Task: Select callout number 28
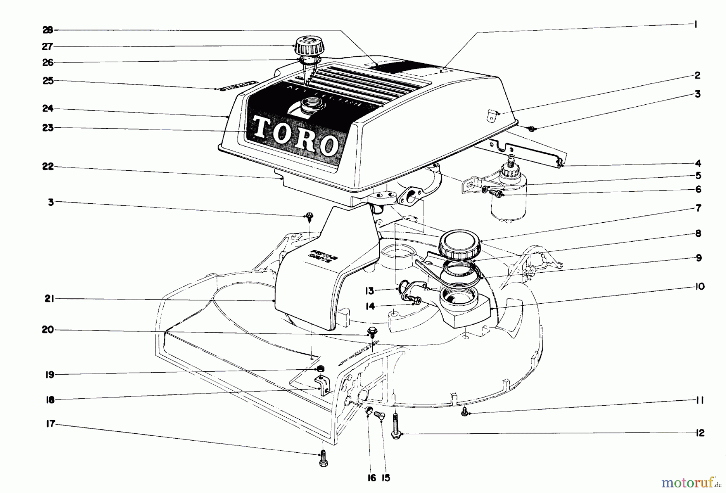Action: [x=48, y=30]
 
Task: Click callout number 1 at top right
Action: [x=695, y=24]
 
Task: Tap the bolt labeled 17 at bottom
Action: [x=323, y=459]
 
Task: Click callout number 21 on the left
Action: [x=49, y=299]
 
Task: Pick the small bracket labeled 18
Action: [x=322, y=386]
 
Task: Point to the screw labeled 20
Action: [x=371, y=332]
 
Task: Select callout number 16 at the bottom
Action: [x=371, y=478]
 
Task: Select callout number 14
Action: [x=369, y=306]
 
